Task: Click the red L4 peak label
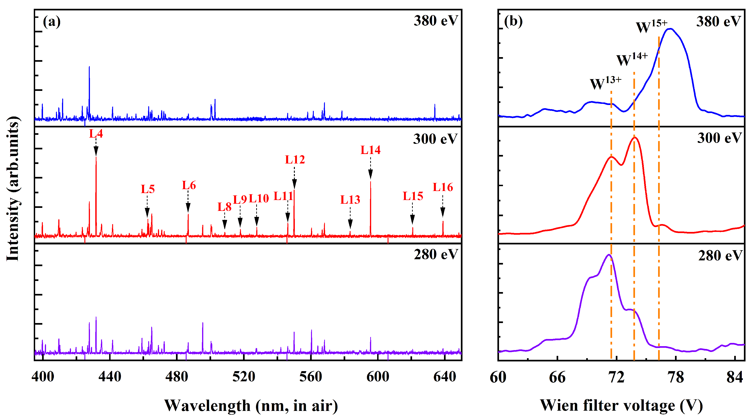(96, 134)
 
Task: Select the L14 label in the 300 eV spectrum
(370, 150)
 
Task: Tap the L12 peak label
(295, 160)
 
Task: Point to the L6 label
(189, 185)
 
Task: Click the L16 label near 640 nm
(443, 187)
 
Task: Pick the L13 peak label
(350, 200)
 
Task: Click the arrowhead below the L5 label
(147, 213)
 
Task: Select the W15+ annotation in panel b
(651, 26)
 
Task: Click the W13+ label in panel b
(605, 83)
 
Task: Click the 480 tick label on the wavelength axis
(177, 377)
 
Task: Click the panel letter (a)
(52, 21)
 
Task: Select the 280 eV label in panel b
(720, 256)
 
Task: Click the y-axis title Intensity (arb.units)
(13, 188)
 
